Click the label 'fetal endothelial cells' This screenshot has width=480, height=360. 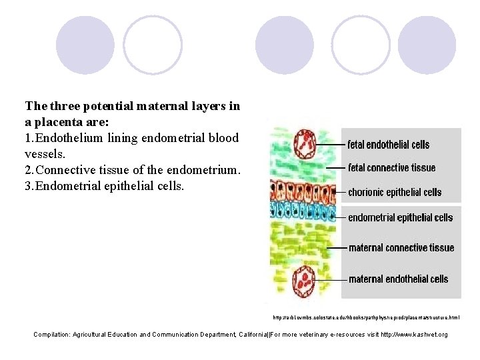point(389,145)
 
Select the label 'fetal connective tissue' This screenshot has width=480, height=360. point(392,168)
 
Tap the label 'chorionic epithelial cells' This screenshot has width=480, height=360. point(395,192)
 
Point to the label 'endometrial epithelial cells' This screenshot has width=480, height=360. point(400,217)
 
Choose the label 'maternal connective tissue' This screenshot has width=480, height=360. point(401,248)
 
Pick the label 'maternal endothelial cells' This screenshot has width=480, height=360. point(398,279)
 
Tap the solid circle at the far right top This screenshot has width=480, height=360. point(427,45)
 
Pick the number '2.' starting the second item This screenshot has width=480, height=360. point(29,170)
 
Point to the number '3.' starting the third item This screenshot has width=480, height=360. point(29,186)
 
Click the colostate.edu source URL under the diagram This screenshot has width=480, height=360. point(366,317)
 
